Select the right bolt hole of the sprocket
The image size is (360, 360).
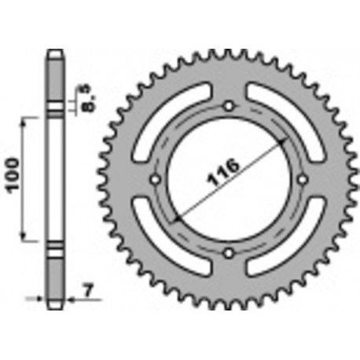302,179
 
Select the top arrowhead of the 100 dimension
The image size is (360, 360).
25,119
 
